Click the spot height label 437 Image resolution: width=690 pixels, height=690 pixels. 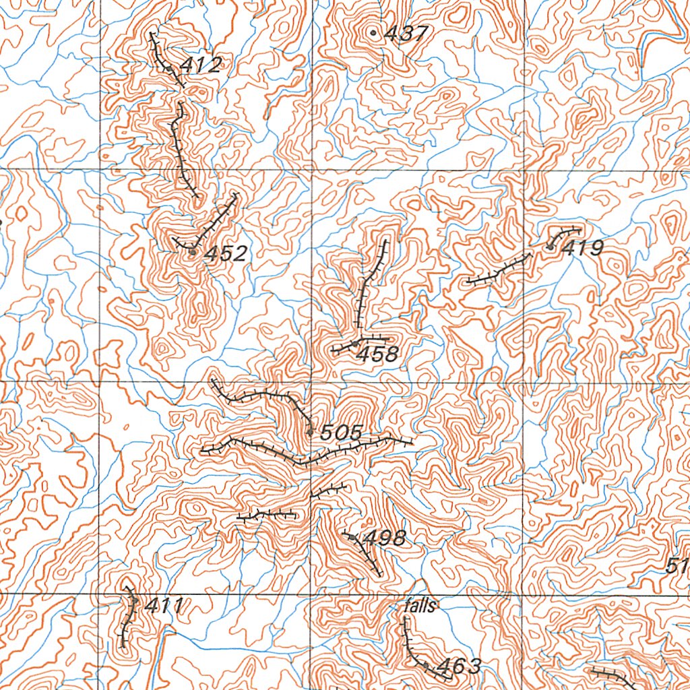[406, 34]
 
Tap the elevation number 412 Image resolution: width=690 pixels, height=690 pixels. [201, 66]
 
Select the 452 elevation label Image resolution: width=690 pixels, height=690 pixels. [226, 254]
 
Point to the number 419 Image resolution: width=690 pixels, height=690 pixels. [583, 249]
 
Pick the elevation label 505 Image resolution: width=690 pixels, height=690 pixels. [341, 433]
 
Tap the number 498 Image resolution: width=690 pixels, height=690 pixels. [384, 538]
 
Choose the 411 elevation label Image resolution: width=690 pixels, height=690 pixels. [163, 606]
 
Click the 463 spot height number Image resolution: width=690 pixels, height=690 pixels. [459, 667]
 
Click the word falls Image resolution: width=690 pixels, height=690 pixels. [420, 606]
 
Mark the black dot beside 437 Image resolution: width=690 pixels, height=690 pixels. [373, 32]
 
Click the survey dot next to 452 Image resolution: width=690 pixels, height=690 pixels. [192, 252]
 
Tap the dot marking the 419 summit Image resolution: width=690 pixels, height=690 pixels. [551, 247]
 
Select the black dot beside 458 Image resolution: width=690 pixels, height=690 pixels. [355, 344]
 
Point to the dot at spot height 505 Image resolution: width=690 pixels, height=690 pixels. [310, 431]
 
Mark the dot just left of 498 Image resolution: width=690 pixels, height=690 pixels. [352, 536]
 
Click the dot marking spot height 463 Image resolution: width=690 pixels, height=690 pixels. [426, 664]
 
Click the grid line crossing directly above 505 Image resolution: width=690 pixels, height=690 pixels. [311, 382]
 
